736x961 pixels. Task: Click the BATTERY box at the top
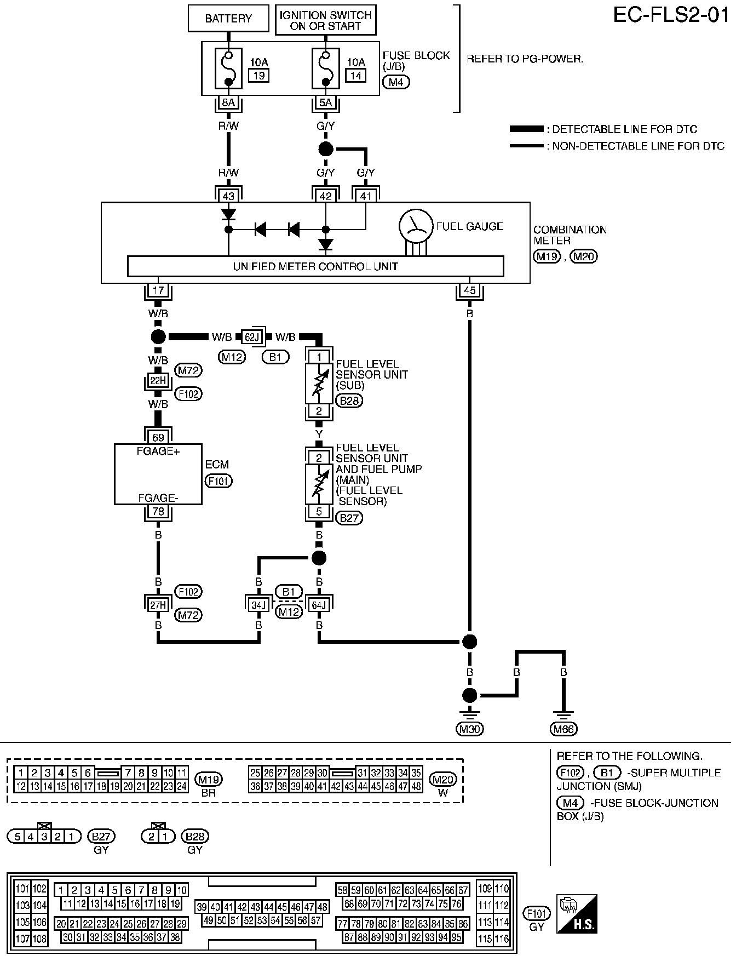coord(228,19)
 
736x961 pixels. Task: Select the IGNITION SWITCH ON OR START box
coord(325,20)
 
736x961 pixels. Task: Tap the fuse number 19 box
coord(258,75)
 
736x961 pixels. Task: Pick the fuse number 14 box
coord(355,75)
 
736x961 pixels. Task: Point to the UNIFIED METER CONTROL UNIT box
coord(315,266)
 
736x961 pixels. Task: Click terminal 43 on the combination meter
coord(228,195)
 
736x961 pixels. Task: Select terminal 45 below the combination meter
coord(469,290)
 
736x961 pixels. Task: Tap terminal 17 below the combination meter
coord(158,290)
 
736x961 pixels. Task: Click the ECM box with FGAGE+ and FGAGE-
coord(158,474)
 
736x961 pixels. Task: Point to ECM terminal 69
coord(158,437)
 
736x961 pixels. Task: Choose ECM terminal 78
coord(158,512)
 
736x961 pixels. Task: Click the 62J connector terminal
coord(252,337)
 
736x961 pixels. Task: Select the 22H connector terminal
coord(158,380)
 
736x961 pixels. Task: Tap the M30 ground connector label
coord(470,729)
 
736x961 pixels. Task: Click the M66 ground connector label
coord(564,729)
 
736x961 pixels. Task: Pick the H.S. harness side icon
coord(577,914)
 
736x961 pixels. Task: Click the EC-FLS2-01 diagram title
coord(671,15)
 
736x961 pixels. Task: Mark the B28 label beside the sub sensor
coord(350,401)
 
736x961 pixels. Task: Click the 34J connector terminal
coord(258,604)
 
